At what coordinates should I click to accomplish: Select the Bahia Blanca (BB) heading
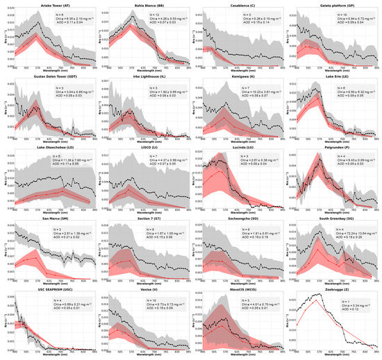(x=149, y=3)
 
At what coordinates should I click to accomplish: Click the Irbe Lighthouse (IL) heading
(x=149, y=76)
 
